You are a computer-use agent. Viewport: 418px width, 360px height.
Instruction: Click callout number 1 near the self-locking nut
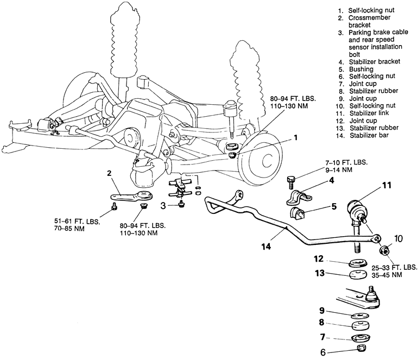coord(296,138)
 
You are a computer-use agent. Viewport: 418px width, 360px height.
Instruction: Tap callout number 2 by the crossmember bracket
coord(110,174)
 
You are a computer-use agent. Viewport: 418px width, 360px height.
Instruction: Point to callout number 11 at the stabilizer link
coord(387,186)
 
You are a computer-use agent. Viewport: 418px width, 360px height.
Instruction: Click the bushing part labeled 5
coord(300,214)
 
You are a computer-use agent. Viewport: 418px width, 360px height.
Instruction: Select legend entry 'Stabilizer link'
coord(367,112)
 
